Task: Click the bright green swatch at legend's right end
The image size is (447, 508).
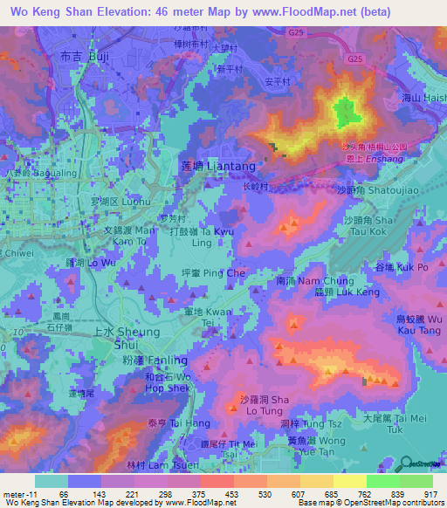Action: click(x=416, y=481)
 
